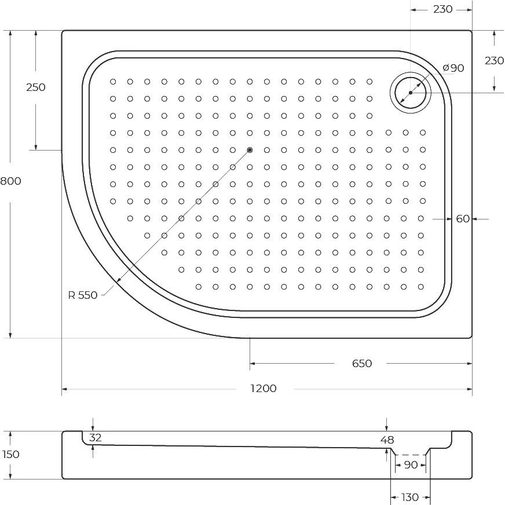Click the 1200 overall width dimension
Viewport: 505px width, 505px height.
264,389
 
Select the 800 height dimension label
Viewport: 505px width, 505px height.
10,181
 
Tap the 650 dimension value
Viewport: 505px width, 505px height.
362,364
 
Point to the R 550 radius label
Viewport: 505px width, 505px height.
83,295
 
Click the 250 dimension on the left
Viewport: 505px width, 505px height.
36,87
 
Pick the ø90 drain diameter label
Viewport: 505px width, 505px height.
453,68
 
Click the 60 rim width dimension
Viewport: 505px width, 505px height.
463,219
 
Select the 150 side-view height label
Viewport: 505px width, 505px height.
10,455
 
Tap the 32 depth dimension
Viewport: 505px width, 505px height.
96,438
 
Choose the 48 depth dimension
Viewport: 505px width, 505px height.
387,440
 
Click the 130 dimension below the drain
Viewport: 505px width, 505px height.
409,497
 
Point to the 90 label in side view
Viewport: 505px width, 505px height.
411,464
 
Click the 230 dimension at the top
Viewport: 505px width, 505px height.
443,9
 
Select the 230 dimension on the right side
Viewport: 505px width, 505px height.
495,61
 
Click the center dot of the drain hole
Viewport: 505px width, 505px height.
411,93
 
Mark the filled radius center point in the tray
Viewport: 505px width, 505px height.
250,150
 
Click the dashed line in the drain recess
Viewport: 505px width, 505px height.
410,455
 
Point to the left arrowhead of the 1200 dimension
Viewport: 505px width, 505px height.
64,389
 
